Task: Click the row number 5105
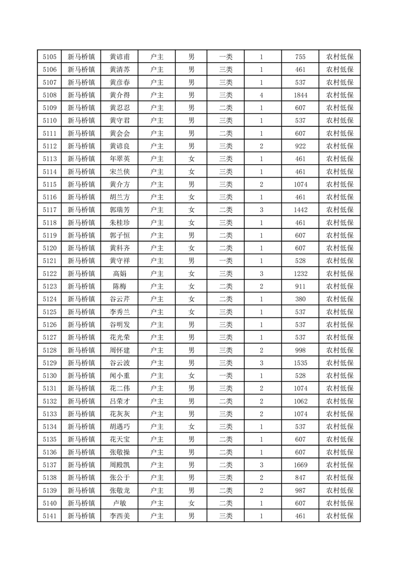pyautogui.click(x=49, y=57)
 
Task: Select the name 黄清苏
pyautogui.click(x=120, y=70)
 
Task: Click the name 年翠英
pyautogui.click(x=120, y=159)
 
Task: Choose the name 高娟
pyautogui.click(x=120, y=273)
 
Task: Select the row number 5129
pyautogui.click(x=49, y=362)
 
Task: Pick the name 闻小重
pyautogui.click(x=120, y=375)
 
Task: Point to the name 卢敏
pyautogui.click(x=120, y=503)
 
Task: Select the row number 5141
pyautogui.click(x=49, y=516)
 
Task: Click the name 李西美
pyautogui.click(x=120, y=516)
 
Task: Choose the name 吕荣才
pyautogui.click(x=120, y=401)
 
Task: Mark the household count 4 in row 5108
pyautogui.click(x=262, y=95)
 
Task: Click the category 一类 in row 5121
pyautogui.click(x=226, y=261)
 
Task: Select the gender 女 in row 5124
pyautogui.click(x=191, y=299)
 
